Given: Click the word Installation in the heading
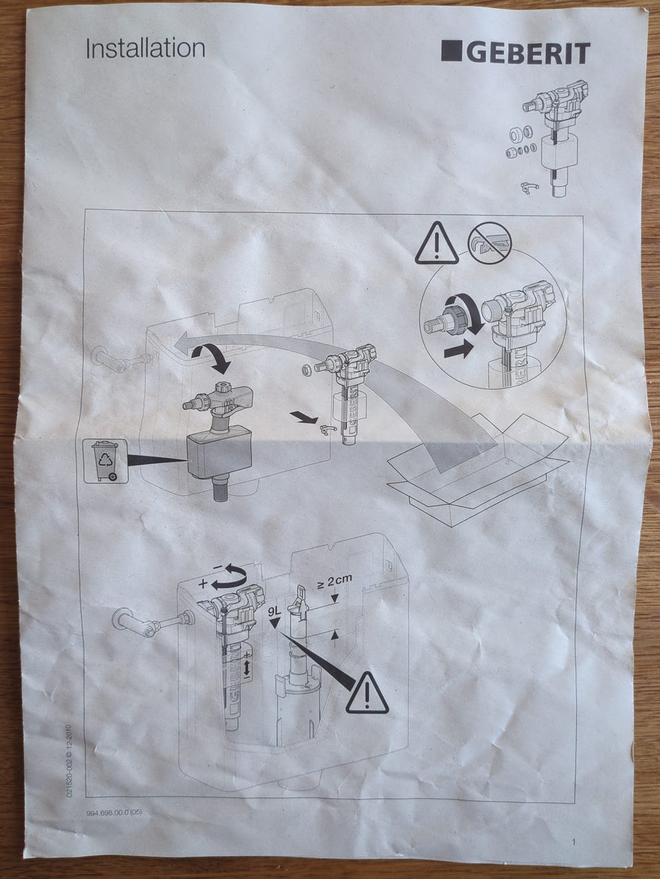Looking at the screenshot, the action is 146,49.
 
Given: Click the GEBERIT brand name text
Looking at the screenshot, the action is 528,54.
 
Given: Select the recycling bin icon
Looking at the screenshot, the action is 105,461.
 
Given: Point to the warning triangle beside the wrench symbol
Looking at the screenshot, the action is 437,244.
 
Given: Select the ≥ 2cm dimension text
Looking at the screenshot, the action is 335,582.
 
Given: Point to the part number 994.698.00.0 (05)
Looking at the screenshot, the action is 114,779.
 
